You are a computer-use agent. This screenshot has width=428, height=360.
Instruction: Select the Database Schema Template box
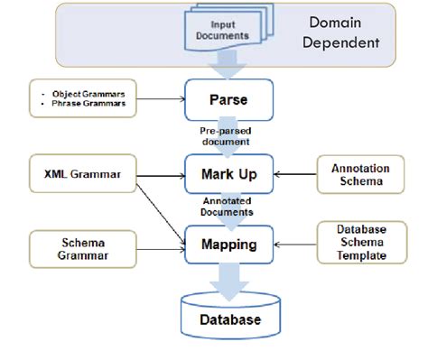[359, 244]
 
